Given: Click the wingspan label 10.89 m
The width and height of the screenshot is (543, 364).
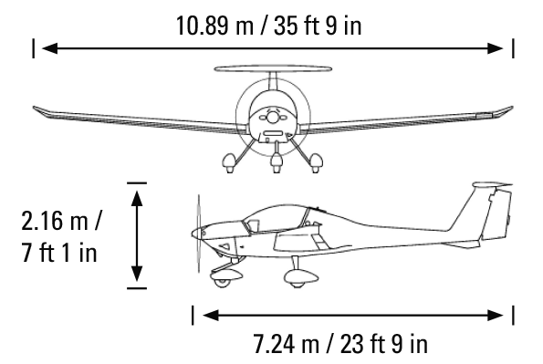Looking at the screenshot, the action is point(214,26).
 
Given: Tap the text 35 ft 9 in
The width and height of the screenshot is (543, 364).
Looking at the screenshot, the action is point(318,26).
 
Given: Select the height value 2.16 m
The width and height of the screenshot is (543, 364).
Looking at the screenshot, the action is point(55,222).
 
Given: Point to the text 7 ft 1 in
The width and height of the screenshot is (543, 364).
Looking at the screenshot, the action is point(59,253).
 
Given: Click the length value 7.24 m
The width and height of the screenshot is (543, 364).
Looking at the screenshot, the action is point(286,344).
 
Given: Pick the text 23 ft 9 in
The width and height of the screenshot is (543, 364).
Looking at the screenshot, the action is point(384,344).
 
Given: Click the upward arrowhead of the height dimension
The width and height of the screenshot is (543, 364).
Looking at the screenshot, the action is point(137,199).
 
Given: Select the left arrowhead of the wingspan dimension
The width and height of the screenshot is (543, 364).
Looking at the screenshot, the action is point(50,48).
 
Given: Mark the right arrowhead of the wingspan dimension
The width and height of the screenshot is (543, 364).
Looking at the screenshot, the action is point(496,48).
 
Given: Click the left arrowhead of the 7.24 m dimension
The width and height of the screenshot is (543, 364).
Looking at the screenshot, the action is point(211,315).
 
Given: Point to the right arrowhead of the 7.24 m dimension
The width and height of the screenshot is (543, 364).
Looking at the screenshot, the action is point(496,315).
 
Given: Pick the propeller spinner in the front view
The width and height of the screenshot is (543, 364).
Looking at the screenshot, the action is point(273,118).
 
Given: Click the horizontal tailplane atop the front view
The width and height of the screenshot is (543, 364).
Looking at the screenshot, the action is point(273,68).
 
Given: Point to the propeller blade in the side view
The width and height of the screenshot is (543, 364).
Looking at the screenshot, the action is point(199,234).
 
